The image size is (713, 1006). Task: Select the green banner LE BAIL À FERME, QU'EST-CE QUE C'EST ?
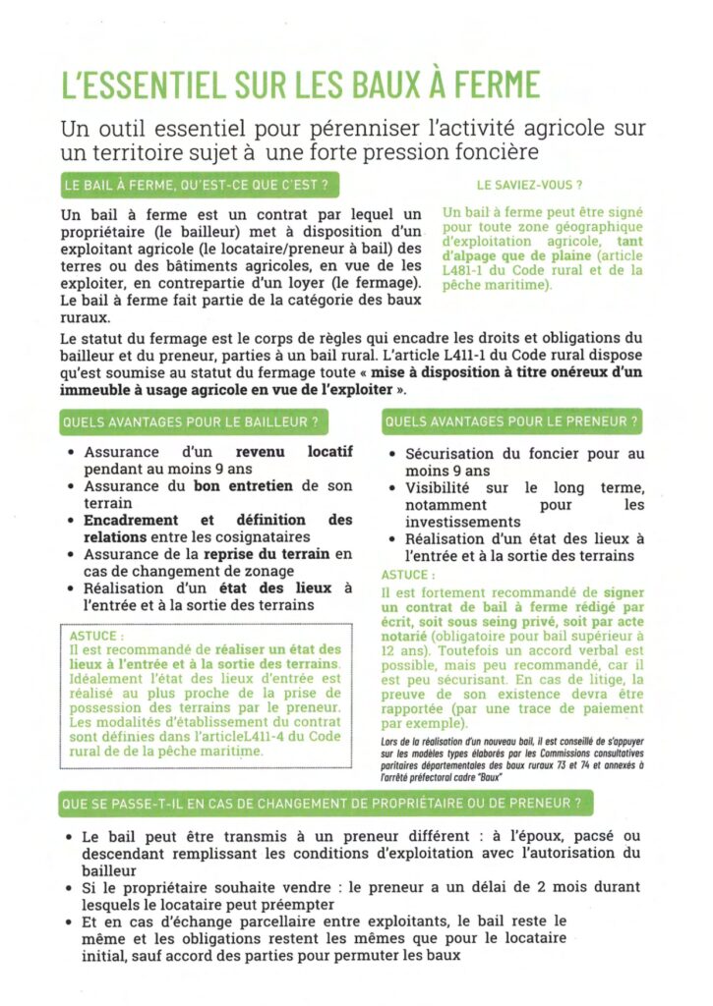click(x=194, y=184)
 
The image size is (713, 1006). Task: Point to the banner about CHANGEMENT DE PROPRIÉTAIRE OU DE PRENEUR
click(x=327, y=804)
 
